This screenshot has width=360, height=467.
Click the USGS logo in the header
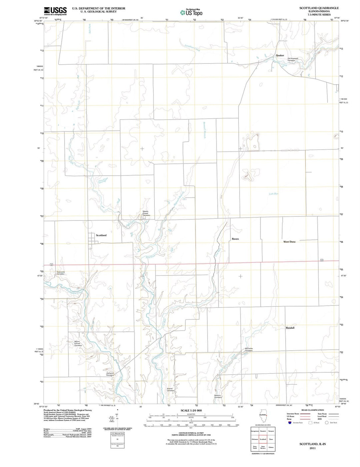point(55,11)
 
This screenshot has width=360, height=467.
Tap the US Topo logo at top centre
point(191,12)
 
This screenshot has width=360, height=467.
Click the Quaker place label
point(280,55)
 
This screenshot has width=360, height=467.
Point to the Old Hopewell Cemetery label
point(292,59)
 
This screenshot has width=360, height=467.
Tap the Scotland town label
point(101,236)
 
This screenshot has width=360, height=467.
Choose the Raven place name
point(235,239)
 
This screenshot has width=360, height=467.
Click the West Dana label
point(289,242)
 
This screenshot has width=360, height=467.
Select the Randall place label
point(290,328)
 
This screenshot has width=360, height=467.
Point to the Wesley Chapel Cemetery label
point(146,213)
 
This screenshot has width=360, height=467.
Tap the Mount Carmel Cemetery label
point(78,344)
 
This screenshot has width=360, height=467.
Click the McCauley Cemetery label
point(249,350)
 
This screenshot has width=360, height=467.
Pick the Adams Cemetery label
point(170,390)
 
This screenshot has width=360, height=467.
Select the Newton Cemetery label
point(218,397)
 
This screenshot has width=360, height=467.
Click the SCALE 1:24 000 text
point(191,411)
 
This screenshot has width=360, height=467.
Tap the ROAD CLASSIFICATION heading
point(312,410)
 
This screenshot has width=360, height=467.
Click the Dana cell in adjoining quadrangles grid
point(271,439)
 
